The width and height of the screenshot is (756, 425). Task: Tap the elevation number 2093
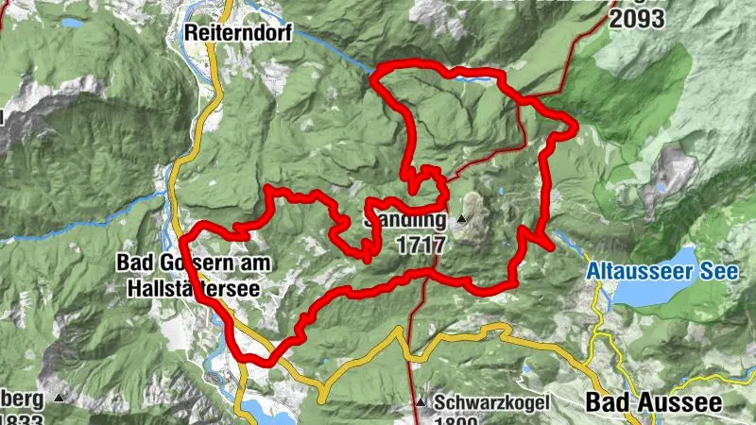[x=638, y=16]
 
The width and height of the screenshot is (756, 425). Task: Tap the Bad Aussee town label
[x=653, y=402]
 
